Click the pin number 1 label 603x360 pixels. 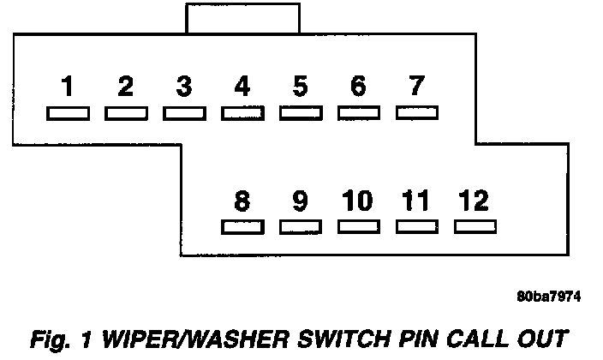click(x=67, y=87)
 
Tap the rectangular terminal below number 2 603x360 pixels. click(x=126, y=113)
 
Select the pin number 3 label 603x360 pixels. click(x=183, y=87)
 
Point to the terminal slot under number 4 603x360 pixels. click(x=242, y=113)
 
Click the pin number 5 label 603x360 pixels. click(x=300, y=87)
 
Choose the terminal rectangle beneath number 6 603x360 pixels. click(x=359, y=113)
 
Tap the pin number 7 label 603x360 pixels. click(x=416, y=87)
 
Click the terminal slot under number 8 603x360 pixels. click(x=242, y=227)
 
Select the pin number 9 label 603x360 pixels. click(x=300, y=201)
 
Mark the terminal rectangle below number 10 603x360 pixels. click(x=359, y=227)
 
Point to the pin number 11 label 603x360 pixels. click(x=416, y=201)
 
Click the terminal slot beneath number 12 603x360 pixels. click(x=475, y=227)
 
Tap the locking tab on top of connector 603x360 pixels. click(x=242, y=18)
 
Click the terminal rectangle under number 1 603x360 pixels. click(x=67, y=113)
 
